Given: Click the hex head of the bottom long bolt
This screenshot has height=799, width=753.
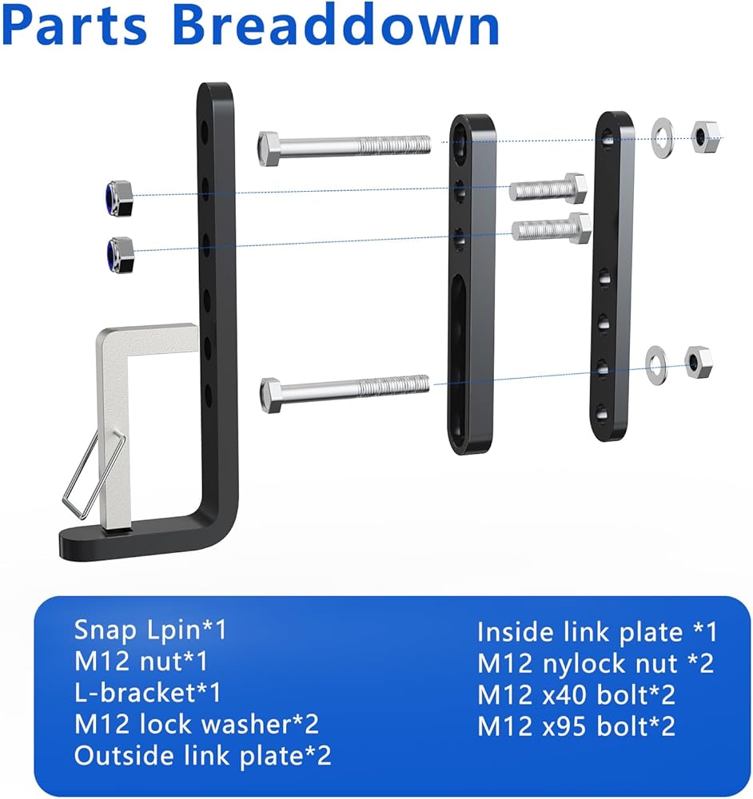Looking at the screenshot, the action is [270, 395].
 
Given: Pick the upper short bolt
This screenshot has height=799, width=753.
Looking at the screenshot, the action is [548, 189].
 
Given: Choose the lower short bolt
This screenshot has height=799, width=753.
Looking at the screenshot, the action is [551, 229].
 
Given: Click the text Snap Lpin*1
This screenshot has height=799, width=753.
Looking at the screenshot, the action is [150, 630].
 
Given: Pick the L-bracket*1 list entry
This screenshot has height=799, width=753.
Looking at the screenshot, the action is [148, 692].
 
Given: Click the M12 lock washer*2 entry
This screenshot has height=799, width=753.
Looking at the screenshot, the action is [197, 724].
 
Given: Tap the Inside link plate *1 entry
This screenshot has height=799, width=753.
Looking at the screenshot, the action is [597, 633].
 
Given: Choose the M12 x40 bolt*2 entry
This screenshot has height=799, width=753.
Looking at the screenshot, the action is [576, 695].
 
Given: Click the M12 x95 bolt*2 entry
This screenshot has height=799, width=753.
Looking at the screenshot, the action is [576, 726].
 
